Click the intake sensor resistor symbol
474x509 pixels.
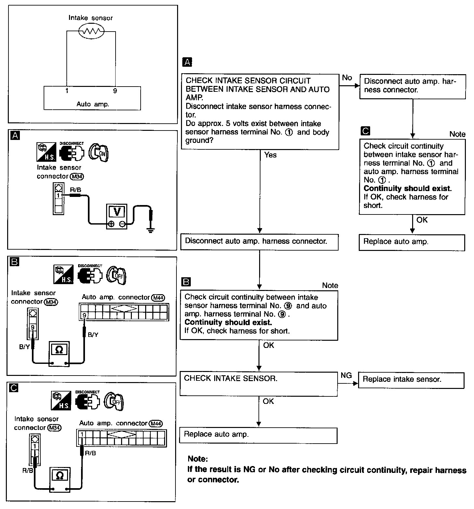(91, 32)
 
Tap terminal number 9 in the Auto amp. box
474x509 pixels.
(115, 91)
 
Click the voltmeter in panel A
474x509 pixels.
(117, 216)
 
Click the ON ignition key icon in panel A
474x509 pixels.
(99, 152)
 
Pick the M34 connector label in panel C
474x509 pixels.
(54, 428)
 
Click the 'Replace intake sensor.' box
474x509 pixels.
(411, 380)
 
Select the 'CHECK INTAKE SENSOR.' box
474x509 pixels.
(258, 384)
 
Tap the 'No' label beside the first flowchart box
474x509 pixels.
(347, 78)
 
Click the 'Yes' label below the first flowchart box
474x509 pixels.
(270, 155)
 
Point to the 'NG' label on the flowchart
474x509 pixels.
(346, 376)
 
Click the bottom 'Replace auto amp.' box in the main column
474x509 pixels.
(258, 435)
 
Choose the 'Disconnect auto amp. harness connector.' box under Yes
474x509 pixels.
(259, 242)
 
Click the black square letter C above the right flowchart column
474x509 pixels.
(366, 131)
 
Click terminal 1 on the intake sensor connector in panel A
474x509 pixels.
(58, 196)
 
